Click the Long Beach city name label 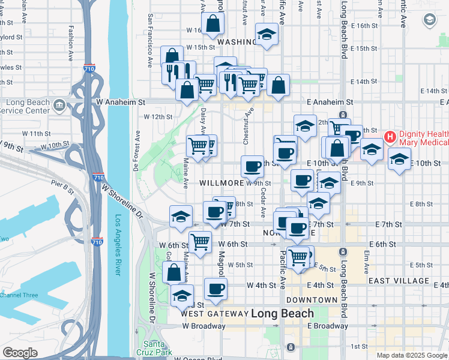(282, 313)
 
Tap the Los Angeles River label (118, 245)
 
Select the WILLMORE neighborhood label (221, 182)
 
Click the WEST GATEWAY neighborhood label (214, 314)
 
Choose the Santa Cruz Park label (154, 348)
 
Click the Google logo (20, 353)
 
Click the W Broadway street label (204, 326)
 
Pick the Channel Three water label (19, 295)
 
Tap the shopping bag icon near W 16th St (213, 25)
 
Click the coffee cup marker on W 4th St (215, 289)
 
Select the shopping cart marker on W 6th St (200, 242)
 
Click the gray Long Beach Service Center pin (59, 107)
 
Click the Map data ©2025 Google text (412, 355)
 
